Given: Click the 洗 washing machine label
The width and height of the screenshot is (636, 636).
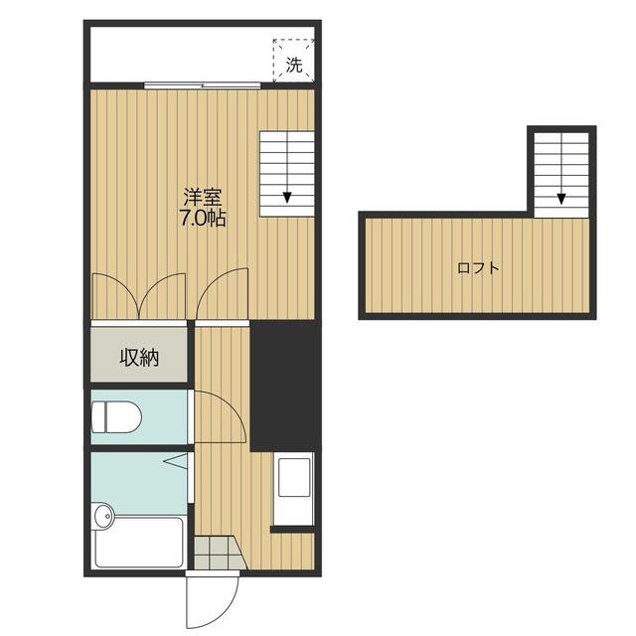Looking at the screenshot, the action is tap(294, 65).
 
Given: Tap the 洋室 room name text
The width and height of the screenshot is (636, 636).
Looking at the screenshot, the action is tap(203, 198).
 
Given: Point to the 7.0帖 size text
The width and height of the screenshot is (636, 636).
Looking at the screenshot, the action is tap(203, 219).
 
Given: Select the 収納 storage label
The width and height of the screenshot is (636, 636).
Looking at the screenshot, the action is tap(139, 358).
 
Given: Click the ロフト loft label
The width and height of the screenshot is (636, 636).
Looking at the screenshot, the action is tap(478, 268).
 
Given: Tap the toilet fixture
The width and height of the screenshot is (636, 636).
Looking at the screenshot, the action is tap(116, 417).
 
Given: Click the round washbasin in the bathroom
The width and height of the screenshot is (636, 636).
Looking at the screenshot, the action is tap(103, 516).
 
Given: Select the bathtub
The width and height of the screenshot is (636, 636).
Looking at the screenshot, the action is tap(138, 543).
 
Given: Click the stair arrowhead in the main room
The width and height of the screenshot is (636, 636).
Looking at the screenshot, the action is tap(287, 198).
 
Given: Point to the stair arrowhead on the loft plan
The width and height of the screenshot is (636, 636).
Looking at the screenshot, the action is tap(561, 199).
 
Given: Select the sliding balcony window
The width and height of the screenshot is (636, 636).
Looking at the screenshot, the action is tap(203, 85).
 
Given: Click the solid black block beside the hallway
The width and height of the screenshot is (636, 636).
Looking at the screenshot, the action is tap(286, 386).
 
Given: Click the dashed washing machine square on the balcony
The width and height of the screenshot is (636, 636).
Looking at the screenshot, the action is tap(294, 61).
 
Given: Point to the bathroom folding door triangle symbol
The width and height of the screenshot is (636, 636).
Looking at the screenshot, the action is tap(176, 461).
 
